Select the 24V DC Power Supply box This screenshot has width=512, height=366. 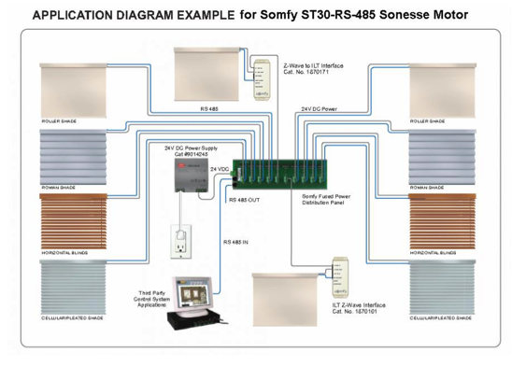click(192, 174)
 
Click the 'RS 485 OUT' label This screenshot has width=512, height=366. click(246, 199)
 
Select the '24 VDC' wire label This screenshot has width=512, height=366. click(220, 168)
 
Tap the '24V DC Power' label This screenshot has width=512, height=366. click(320, 109)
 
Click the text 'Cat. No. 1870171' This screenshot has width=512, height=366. click(307, 73)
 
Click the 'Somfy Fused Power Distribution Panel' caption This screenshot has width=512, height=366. click(326, 201)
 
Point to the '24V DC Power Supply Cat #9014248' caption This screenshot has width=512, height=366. click(193, 150)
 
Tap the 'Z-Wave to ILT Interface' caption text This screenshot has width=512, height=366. click(313, 65)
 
